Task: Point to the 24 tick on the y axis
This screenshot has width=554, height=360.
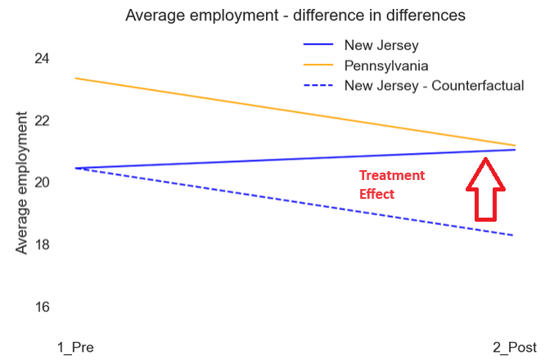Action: pos(41,59)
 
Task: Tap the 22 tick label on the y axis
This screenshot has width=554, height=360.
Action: pos(41,121)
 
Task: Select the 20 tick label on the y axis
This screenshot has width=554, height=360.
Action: pos(41,182)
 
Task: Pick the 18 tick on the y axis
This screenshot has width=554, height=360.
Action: pos(41,245)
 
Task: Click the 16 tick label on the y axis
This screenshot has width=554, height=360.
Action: pos(41,307)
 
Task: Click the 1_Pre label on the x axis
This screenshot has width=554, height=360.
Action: pos(74,348)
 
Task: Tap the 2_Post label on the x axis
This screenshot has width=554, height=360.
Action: pos(514,348)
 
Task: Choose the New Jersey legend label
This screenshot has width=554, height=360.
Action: pos(383,44)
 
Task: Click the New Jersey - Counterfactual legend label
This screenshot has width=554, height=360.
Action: pos(434,85)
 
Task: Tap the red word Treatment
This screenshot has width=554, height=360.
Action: pos(392,176)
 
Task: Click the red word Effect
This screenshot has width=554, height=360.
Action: pos(377,195)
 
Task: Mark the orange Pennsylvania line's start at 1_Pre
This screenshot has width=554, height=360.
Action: pos(75,79)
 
